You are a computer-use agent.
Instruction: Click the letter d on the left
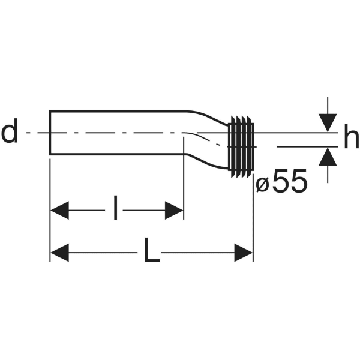tap(10, 131)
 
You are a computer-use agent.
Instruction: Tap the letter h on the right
tap(351, 136)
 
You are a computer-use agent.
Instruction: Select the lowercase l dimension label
tap(115, 208)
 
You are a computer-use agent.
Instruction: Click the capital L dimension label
tap(152, 250)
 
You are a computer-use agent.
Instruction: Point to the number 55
tap(290, 180)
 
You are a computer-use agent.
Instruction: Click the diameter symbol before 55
tap(263, 185)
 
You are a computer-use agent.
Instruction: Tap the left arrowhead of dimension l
tap(59, 211)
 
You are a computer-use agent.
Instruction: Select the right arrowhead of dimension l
tap(174, 211)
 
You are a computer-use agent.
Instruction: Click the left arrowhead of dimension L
tap(59, 253)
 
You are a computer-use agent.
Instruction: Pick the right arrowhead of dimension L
tap(244, 253)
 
